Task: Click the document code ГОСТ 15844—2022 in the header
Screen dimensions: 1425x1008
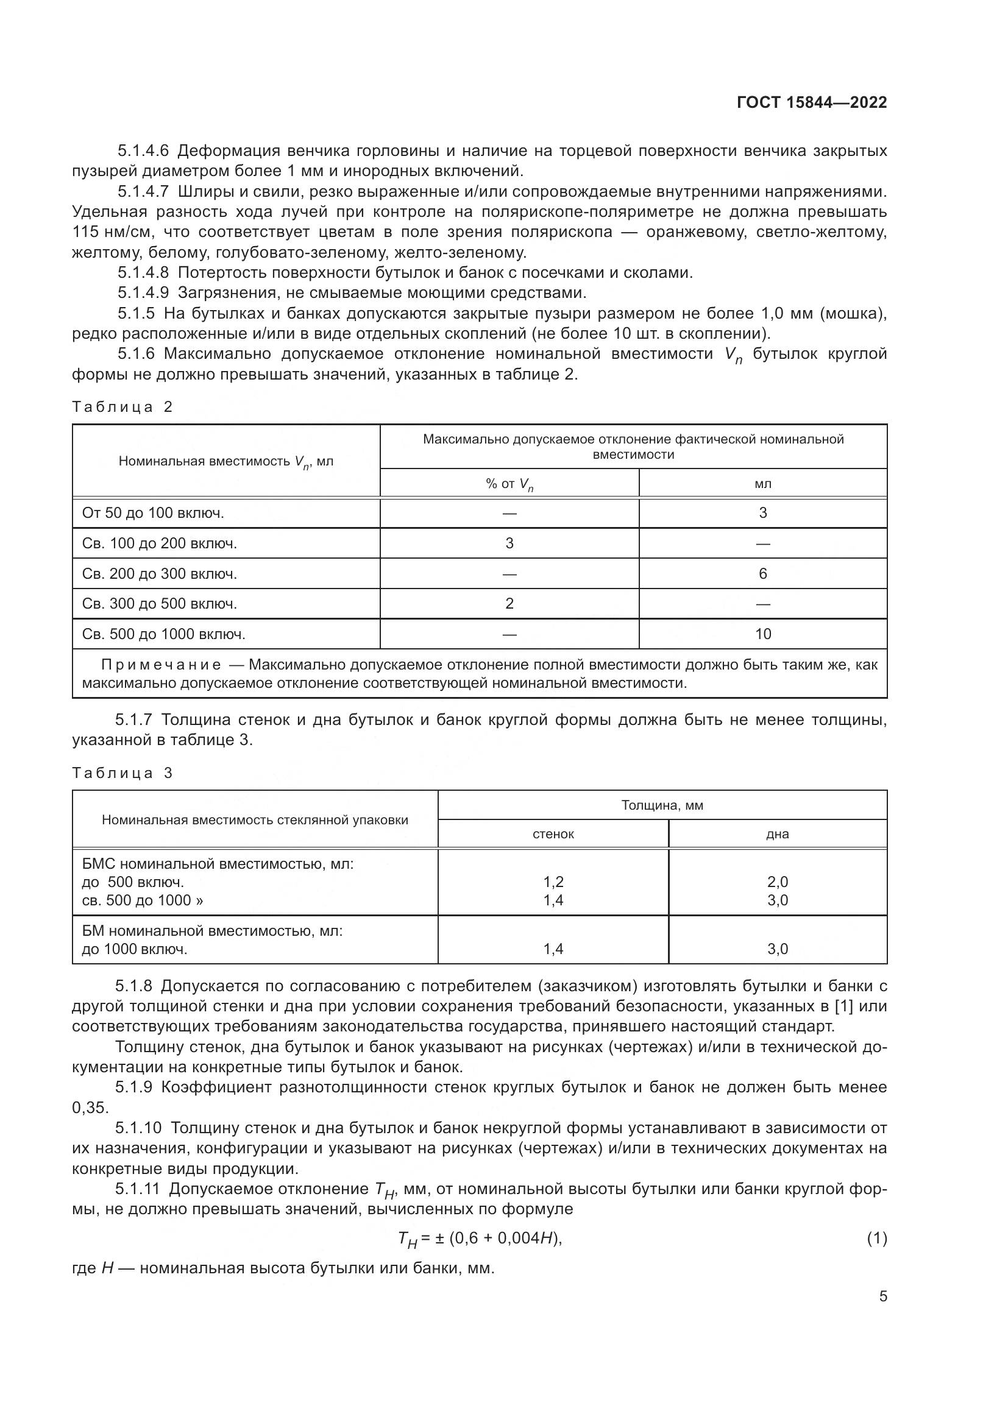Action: [812, 102]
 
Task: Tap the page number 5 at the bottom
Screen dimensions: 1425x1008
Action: [882, 1296]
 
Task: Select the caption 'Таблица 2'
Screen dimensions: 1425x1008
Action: [122, 407]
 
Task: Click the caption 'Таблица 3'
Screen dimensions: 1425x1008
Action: [122, 773]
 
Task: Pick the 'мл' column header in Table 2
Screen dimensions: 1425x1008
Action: [763, 484]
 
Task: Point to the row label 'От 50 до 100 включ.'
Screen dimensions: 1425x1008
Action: [153, 513]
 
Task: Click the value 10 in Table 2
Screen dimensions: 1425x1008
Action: [763, 634]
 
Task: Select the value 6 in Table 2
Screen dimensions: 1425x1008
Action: [763, 573]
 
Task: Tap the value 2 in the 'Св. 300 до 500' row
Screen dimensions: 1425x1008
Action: [509, 603]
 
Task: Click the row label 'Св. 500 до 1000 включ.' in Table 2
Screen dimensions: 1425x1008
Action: [164, 634]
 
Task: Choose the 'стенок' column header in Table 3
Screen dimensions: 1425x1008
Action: [553, 834]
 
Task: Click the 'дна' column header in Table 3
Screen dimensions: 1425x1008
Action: [777, 834]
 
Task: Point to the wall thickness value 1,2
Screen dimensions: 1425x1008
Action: [553, 882]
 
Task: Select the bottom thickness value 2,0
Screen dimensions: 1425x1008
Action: [777, 882]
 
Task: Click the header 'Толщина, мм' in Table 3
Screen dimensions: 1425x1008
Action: [662, 805]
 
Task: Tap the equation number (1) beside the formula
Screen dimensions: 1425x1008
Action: [876, 1239]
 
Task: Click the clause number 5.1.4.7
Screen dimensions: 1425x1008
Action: [143, 192]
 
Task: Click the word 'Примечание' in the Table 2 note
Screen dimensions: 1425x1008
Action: [161, 665]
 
